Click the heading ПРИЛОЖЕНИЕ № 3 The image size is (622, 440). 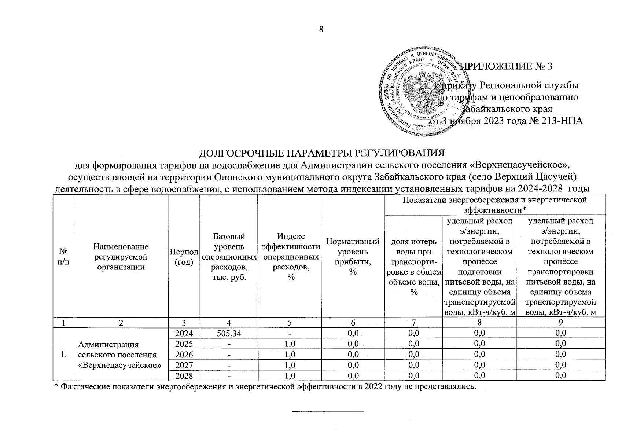click(x=506, y=66)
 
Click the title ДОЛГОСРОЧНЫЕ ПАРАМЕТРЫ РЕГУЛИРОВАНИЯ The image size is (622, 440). click(x=321, y=153)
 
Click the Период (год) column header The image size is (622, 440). click(x=183, y=257)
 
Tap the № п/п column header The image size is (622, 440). click(x=63, y=257)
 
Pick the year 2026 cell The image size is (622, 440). click(x=183, y=355)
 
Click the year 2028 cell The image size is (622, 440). click(x=183, y=375)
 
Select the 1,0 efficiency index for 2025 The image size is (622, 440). click(x=290, y=344)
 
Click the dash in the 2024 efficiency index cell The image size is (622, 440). click(x=290, y=333)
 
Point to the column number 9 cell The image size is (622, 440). click(x=560, y=323)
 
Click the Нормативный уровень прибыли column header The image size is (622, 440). click(x=353, y=257)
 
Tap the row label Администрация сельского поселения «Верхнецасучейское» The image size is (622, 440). click(x=120, y=355)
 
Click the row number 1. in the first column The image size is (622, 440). click(x=64, y=355)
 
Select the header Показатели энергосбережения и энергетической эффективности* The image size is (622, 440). click(x=494, y=205)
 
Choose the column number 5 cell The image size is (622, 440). click(x=290, y=323)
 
